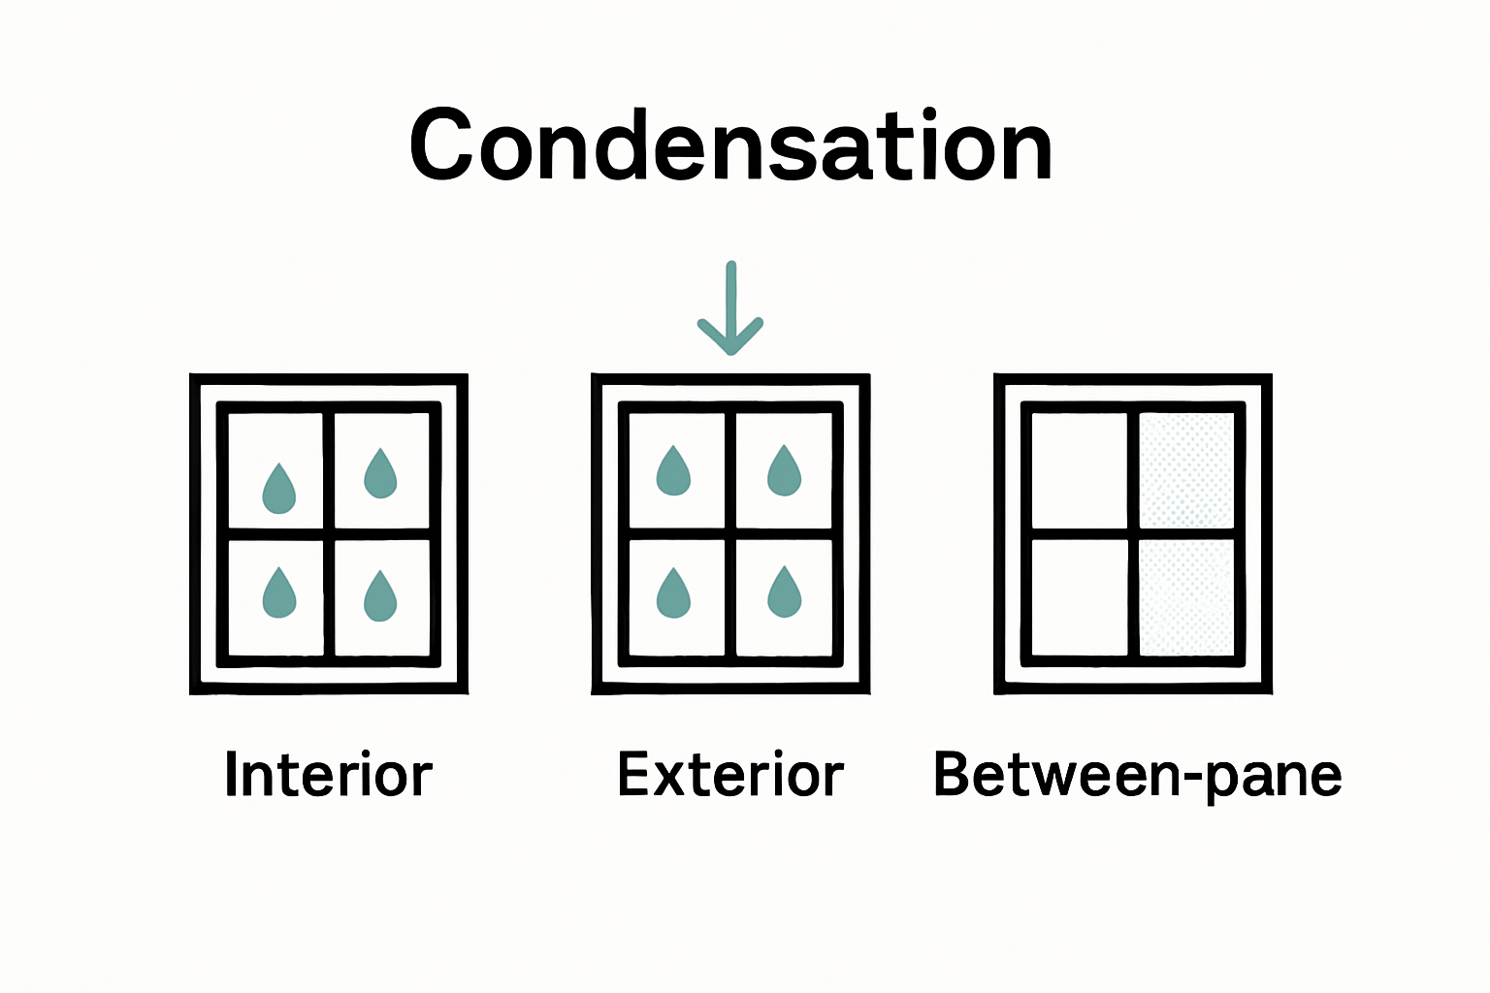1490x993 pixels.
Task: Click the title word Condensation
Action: (730, 146)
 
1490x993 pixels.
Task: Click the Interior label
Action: (328, 775)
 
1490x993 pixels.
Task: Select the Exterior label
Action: (730, 775)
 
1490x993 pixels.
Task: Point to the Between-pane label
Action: (1137, 775)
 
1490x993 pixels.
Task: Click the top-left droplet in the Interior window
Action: (279, 489)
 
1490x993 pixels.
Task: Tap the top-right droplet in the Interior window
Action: (380, 474)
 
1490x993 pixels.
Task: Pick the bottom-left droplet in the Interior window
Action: (279, 593)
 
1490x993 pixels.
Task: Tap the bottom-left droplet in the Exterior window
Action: (673, 593)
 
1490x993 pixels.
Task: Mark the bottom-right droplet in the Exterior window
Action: (784, 593)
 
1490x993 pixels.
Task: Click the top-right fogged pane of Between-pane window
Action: (1185, 470)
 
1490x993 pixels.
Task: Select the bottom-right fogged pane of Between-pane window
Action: (1185, 596)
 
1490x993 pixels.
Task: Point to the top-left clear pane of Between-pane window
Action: (1079, 470)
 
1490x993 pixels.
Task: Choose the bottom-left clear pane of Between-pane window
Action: (1079, 596)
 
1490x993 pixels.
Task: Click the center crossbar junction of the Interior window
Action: (329, 533)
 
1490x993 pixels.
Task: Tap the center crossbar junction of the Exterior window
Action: (730, 533)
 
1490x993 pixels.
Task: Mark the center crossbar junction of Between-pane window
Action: (1133, 533)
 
